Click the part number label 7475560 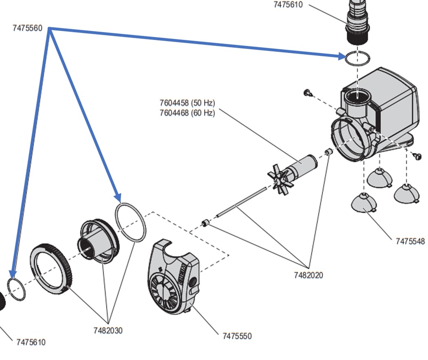27,28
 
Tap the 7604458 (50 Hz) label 187,103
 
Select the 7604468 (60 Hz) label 187,113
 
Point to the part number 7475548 410,241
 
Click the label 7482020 308,275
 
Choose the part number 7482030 108,330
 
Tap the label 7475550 237,336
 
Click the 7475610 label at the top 288,5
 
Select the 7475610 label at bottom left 31,342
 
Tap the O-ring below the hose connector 357,58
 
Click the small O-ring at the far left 17,289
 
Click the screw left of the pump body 306,92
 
